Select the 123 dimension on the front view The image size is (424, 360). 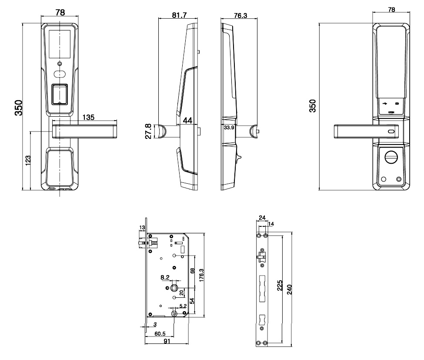(x=27, y=160)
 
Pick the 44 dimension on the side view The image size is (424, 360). (x=188, y=121)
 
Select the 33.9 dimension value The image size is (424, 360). (x=229, y=128)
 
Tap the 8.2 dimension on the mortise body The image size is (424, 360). (x=165, y=277)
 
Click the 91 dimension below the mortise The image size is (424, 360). (x=167, y=342)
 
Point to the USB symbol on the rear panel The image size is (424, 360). (x=385, y=104)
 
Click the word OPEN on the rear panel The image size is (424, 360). (x=391, y=112)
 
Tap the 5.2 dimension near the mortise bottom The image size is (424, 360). (x=183, y=306)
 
